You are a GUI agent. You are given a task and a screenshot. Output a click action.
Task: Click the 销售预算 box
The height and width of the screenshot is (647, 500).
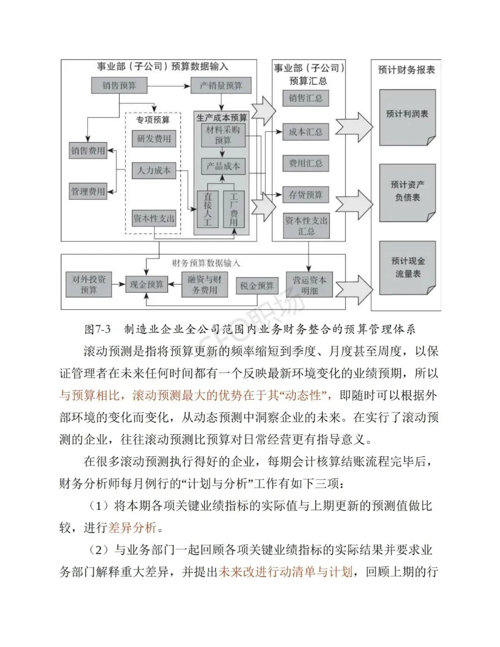119,86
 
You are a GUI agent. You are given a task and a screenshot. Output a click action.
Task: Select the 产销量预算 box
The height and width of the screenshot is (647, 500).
221,86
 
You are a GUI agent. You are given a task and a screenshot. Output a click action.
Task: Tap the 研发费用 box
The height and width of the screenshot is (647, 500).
154,138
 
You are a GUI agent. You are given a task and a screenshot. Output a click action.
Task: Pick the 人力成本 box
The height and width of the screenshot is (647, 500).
154,170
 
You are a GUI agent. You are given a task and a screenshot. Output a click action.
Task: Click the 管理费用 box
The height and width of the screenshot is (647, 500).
88,191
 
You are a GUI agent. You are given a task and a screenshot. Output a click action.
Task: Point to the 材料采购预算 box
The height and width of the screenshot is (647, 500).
223,136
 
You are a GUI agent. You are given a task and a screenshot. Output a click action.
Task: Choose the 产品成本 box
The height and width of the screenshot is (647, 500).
223,166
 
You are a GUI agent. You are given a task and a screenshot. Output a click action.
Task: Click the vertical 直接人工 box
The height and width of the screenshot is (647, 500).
208,209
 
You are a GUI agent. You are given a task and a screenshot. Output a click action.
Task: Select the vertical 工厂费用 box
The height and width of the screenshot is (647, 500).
234,209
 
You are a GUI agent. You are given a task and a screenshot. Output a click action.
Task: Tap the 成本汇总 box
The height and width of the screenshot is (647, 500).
306,132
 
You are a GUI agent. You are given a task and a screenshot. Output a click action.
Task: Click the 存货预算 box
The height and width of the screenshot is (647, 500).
306,195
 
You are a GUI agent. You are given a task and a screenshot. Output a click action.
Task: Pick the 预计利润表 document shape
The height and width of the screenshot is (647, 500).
407,118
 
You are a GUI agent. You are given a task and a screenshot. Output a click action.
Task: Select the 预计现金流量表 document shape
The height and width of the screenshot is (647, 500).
407,268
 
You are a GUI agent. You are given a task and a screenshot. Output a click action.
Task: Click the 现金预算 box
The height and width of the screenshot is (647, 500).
146,284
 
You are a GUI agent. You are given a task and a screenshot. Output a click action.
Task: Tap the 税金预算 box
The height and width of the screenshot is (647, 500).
257,286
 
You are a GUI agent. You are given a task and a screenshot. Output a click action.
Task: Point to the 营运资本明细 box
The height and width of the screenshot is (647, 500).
309,284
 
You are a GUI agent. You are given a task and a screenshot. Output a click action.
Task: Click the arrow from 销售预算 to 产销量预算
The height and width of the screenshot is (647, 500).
169,86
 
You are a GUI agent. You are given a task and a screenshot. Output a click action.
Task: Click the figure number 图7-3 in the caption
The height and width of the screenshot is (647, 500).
97,329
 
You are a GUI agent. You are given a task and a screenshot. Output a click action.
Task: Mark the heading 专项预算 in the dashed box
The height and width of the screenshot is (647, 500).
153,120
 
